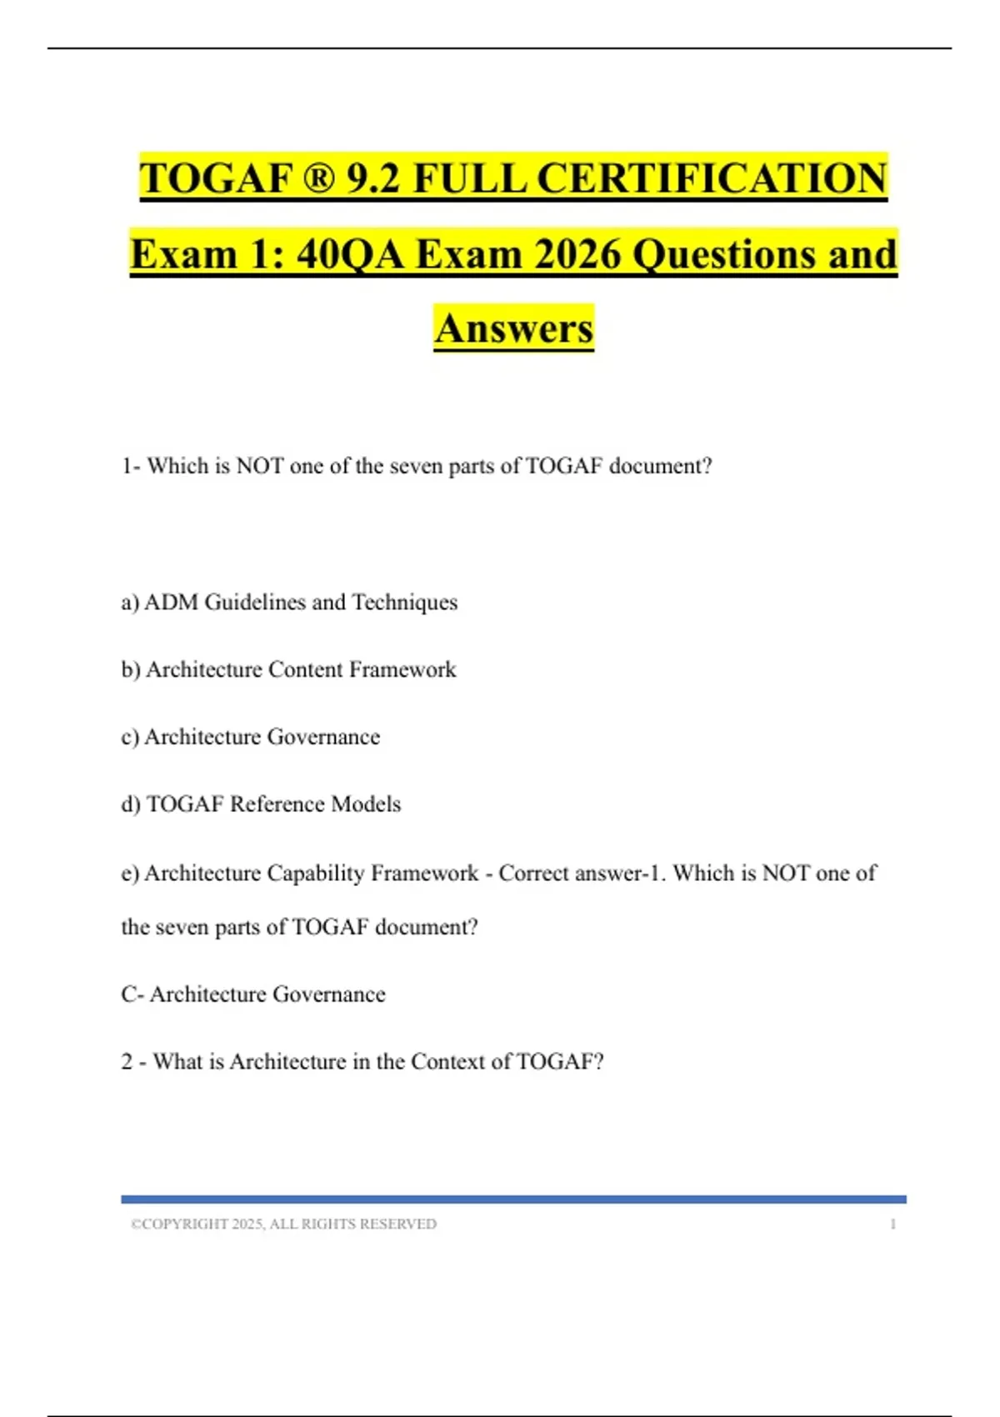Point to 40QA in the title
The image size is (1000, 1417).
pos(350,253)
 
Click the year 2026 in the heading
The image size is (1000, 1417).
pos(577,253)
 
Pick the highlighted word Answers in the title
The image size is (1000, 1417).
pos(513,328)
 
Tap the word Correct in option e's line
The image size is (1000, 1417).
pos(533,873)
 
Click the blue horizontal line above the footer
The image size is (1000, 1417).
pos(513,1199)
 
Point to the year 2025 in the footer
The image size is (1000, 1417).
pos(247,1224)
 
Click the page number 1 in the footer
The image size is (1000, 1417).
pos(892,1224)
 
